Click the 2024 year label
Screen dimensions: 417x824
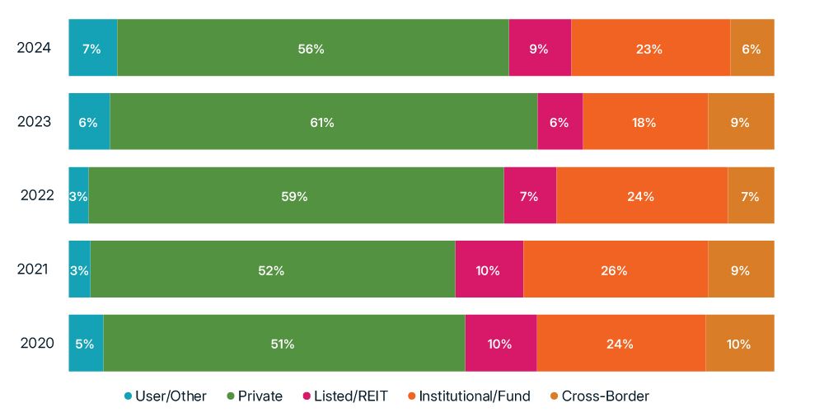[34, 48]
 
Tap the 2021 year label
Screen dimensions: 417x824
[34, 269]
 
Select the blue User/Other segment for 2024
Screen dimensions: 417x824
[92, 48]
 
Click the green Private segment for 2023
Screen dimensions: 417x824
[323, 122]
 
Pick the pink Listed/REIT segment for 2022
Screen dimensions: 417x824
[530, 196]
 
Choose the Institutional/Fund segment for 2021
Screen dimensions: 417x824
[615, 269]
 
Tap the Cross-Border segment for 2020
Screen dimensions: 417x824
[739, 344]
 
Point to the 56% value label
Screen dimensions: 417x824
[311, 49]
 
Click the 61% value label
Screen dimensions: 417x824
[322, 123]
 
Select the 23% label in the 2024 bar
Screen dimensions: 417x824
[649, 49]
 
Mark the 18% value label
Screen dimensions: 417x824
[644, 123]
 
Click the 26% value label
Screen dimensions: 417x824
[615, 270]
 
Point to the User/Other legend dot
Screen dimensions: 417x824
[128, 397]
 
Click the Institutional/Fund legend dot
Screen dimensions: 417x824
[411, 397]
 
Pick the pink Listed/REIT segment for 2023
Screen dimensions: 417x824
[560, 122]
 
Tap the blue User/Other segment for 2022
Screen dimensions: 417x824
[78, 196]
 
